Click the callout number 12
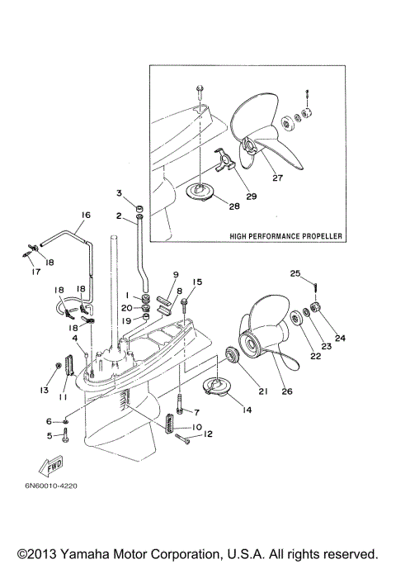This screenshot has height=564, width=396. pos(208,434)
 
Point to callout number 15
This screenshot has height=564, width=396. pos(196,282)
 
